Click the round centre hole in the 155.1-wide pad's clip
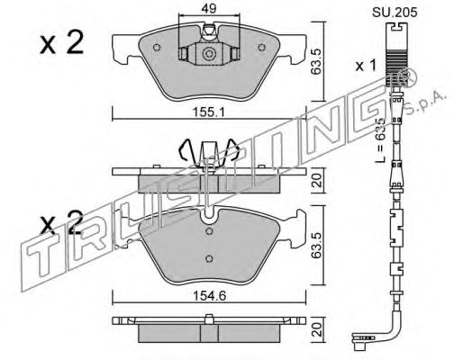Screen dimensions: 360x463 pyautogui.click(x=208, y=54)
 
